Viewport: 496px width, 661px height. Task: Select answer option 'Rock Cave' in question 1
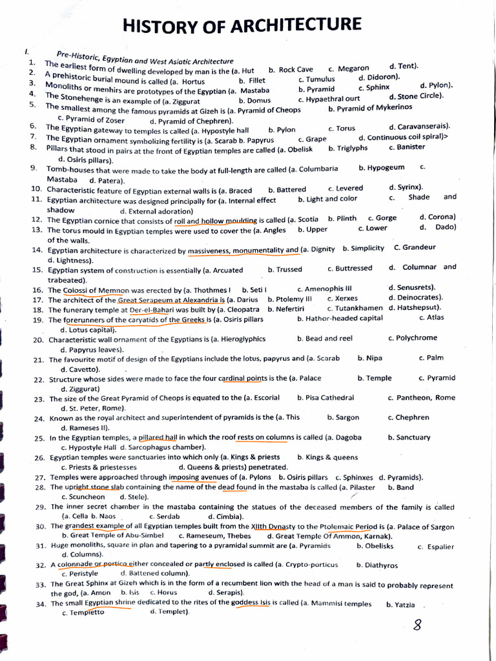296,70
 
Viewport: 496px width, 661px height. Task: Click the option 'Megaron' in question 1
353,68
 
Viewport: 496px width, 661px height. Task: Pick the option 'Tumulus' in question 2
320,79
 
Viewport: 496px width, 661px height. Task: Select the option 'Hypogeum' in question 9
386,168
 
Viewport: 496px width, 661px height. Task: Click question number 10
37,189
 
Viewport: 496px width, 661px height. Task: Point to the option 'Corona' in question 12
442,217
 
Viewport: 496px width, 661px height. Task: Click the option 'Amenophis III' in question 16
329,289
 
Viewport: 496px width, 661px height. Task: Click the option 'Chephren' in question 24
412,418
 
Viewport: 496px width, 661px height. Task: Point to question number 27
39,478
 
